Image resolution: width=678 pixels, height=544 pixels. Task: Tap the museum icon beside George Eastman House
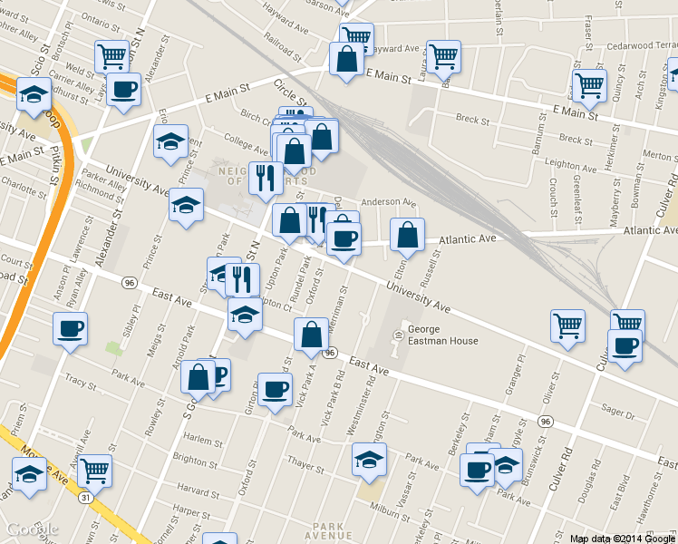(x=397, y=336)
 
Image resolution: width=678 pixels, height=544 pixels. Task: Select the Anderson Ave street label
(x=387, y=203)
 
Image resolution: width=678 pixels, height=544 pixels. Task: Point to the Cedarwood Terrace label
(x=628, y=44)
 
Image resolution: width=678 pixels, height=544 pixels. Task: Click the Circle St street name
(x=292, y=92)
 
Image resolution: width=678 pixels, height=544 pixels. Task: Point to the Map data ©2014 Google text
(x=622, y=539)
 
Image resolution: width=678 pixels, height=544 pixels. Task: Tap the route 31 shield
(x=84, y=498)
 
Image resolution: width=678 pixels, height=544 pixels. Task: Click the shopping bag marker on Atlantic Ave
(x=408, y=236)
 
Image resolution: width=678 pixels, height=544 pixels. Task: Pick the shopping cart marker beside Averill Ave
(x=94, y=471)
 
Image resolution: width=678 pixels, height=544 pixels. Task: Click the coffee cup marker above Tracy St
(x=71, y=329)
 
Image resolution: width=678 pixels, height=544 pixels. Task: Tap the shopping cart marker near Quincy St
(x=589, y=86)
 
